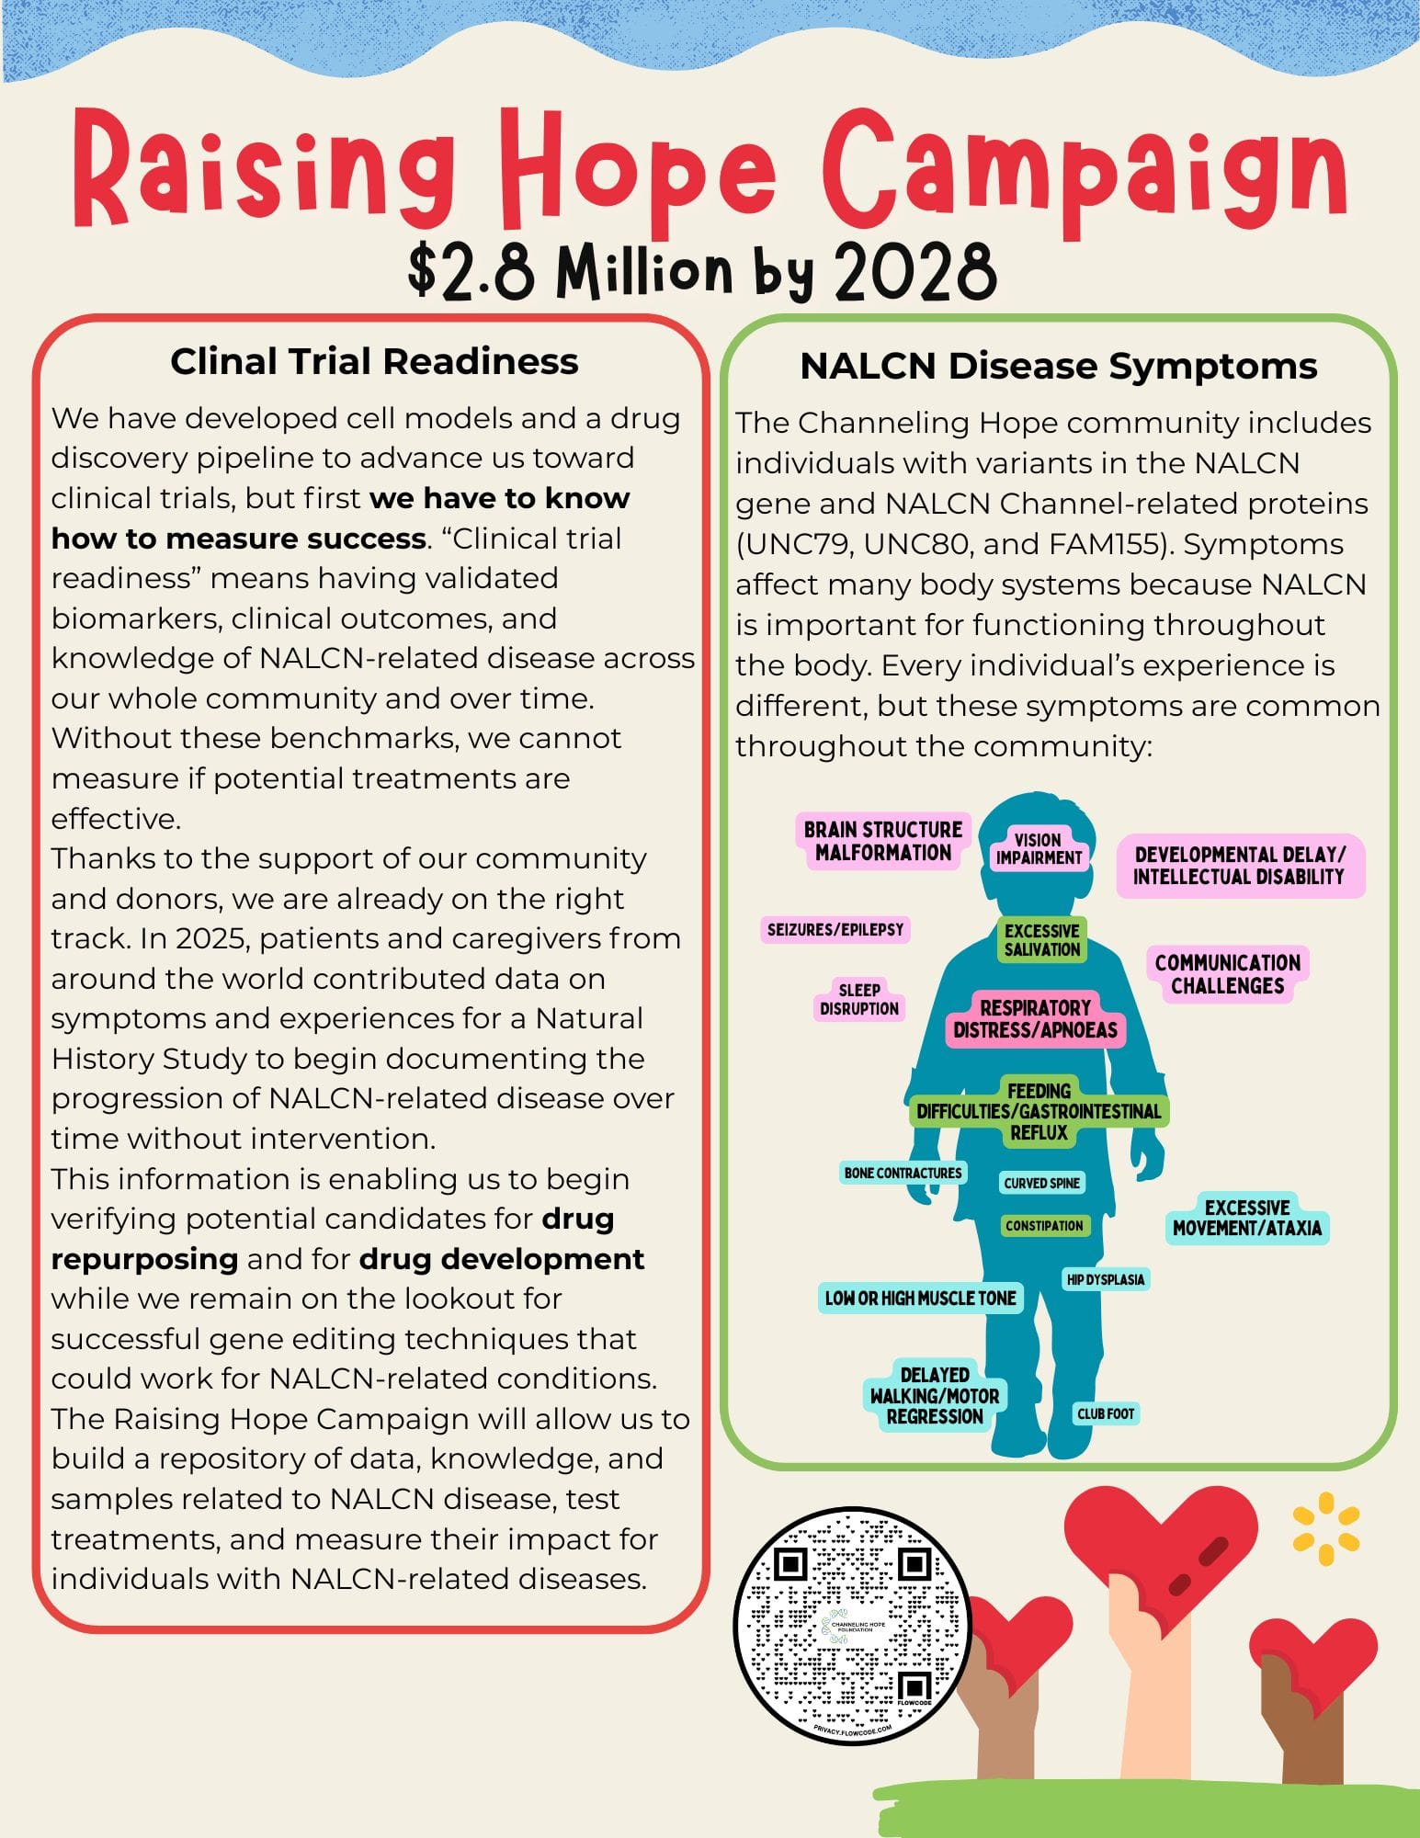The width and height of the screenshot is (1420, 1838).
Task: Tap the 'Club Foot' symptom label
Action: click(x=1106, y=1413)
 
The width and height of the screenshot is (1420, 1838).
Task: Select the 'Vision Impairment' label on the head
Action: click(x=1038, y=848)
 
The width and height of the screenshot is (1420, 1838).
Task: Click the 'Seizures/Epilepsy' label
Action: click(x=835, y=929)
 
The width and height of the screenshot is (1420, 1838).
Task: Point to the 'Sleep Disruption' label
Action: click(x=859, y=999)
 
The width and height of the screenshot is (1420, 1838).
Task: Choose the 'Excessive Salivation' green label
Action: click(x=1042, y=940)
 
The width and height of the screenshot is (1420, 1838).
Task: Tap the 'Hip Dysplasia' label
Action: click(x=1106, y=1279)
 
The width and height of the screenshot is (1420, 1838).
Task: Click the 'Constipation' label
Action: click(x=1044, y=1225)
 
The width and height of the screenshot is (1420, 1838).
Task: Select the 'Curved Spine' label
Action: click(x=1042, y=1183)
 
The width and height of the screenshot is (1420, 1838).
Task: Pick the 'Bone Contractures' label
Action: click(x=903, y=1173)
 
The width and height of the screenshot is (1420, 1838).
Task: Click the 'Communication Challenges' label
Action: click(x=1227, y=974)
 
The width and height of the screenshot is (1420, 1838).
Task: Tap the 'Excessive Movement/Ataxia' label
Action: click(x=1246, y=1218)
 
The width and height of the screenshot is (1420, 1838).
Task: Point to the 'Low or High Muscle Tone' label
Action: click(x=920, y=1298)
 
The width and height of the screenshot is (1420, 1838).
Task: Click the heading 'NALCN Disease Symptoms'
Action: click(x=1058, y=366)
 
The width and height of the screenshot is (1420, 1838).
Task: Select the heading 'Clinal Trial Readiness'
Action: click(x=374, y=361)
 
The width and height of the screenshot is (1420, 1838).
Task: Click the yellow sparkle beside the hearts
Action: click(x=1325, y=1536)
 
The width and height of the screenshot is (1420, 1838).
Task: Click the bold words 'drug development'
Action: click(x=501, y=1258)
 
